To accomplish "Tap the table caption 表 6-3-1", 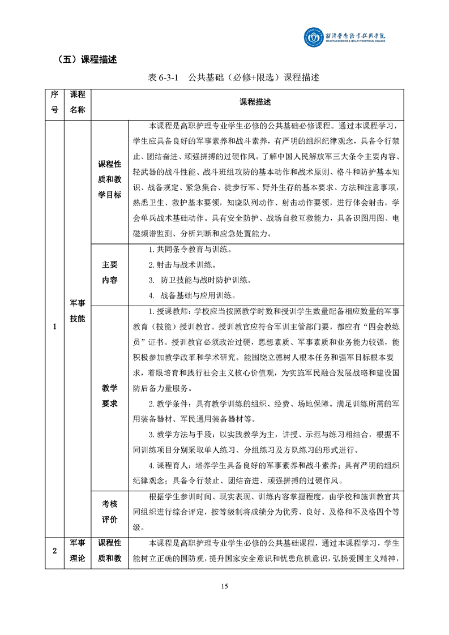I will click(x=163, y=78).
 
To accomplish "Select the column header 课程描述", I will click(x=255, y=102).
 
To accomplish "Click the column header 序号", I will click(x=55, y=102).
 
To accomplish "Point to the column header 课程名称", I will click(x=77, y=102).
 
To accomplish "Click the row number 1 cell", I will click(x=55, y=327).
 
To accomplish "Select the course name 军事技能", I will click(x=77, y=312).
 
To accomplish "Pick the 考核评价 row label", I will click(x=110, y=512).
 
